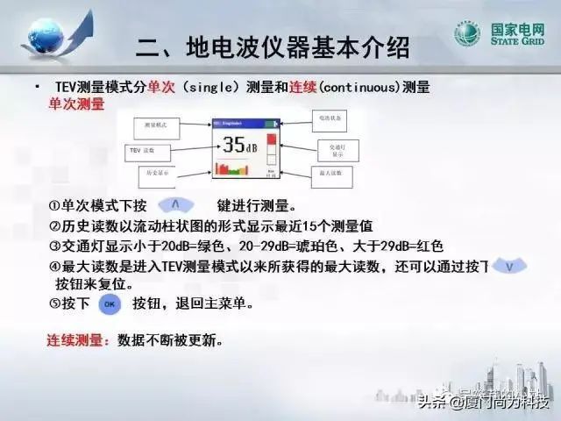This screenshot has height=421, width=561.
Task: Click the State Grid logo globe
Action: click(466, 34)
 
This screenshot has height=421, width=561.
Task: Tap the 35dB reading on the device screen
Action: click(234, 145)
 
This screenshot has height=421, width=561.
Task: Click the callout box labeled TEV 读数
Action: click(144, 151)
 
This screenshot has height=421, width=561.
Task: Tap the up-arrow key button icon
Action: click(176, 204)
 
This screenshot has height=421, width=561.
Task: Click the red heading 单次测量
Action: click(76, 104)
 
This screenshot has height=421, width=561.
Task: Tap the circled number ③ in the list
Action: click(54, 246)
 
